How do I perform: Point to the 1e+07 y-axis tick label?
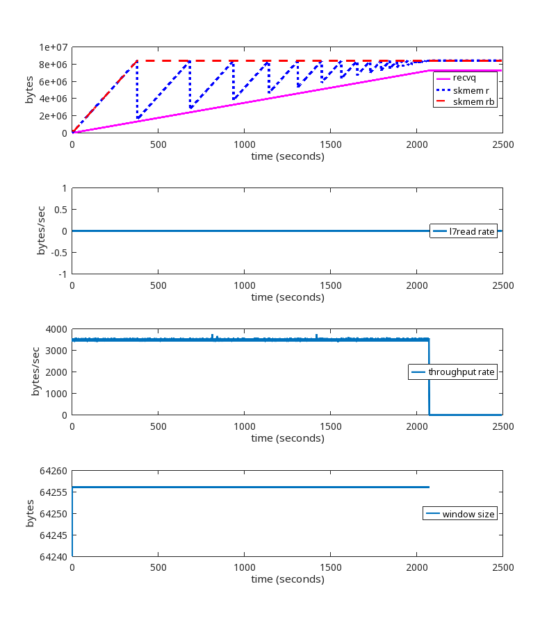pos(53,47)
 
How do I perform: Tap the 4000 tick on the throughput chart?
pos(56,329)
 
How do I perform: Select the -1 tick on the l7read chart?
pos(63,274)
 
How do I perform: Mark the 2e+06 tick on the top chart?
pos(53,116)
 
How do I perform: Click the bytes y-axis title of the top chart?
pos(29,90)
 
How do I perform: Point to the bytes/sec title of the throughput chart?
pos(35,372)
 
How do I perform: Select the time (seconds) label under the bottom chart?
pos(287,578)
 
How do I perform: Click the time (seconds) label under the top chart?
pos(287,156)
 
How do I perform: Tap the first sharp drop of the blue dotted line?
pos(137,90)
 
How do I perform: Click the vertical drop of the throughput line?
pos(429,378)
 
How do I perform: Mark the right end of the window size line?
pos(429,487)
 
